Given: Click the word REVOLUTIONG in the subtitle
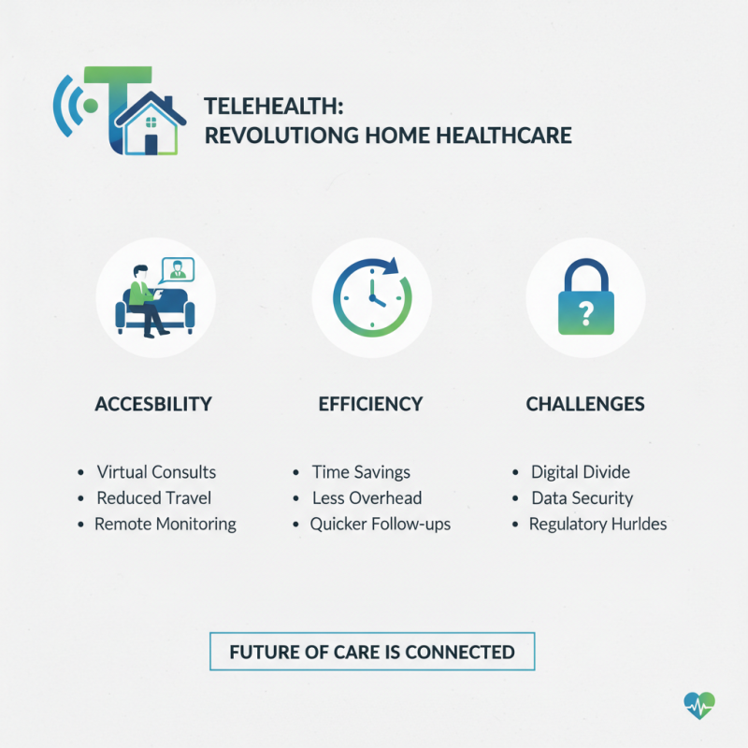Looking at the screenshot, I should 277,136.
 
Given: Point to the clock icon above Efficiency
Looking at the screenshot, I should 371,296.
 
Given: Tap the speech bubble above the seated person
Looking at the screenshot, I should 174,270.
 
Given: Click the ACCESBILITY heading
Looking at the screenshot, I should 153,405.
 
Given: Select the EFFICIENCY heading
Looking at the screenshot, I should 370,405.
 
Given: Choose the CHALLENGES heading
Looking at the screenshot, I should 585,405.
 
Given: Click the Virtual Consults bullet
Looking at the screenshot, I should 156,472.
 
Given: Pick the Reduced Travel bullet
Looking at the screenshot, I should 154,498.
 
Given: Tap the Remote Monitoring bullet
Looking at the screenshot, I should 165,525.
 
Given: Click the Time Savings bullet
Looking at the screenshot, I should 361,472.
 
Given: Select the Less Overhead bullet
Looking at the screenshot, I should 367,498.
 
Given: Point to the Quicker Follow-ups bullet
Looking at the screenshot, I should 381,525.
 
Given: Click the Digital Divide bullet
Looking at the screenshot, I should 581,472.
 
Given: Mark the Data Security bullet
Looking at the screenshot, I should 582,498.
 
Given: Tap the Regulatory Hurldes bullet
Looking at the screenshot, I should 597,525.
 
